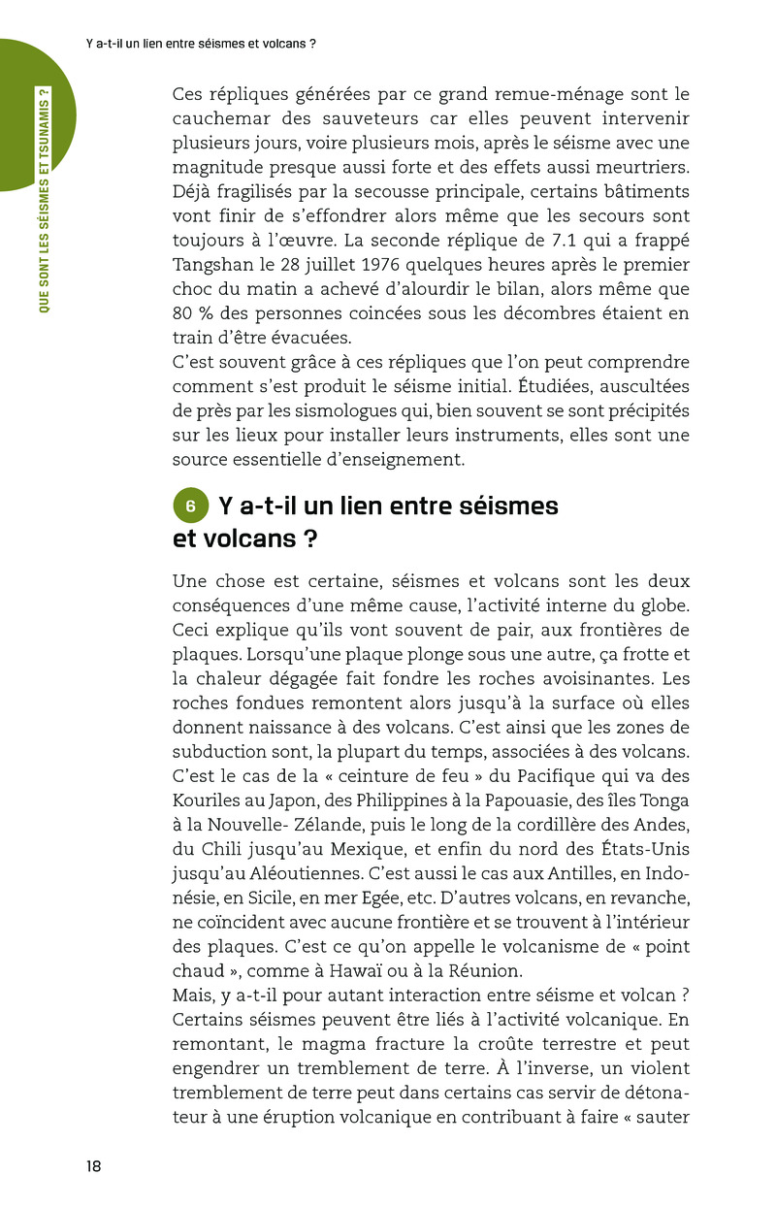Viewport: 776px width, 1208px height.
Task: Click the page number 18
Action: click(x=93, y=1166)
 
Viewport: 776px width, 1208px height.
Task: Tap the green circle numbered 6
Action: click(x=191, y=506)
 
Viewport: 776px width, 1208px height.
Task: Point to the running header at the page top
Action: click(x=201, y=44)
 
